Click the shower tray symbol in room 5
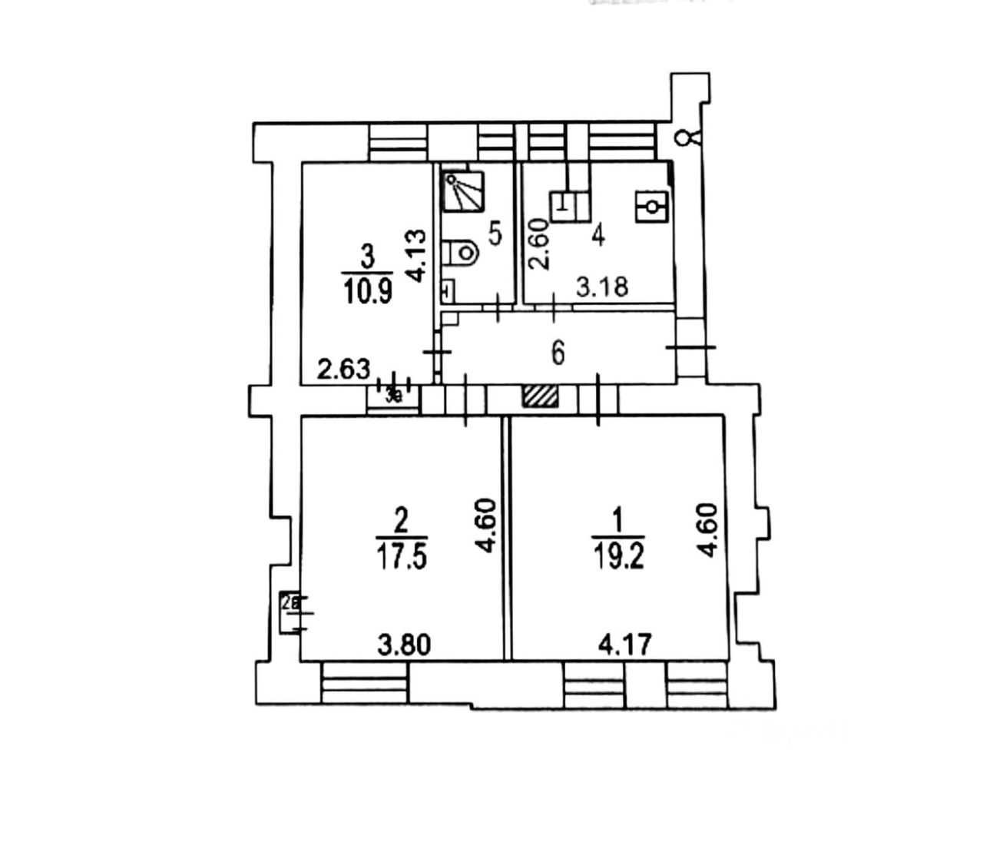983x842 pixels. [x=464, y=191]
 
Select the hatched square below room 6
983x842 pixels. [x=541, y=396]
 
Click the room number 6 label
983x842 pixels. [x=558, y=353]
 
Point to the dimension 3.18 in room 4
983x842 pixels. [x=603, y=287]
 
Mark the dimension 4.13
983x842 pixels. [x=417, y=254]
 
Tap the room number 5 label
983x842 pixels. [x=495, y=234]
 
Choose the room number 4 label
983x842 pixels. [x=597, y=234]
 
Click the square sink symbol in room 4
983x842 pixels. [x=652, y=207]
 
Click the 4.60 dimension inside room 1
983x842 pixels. [x=707, y=530]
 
